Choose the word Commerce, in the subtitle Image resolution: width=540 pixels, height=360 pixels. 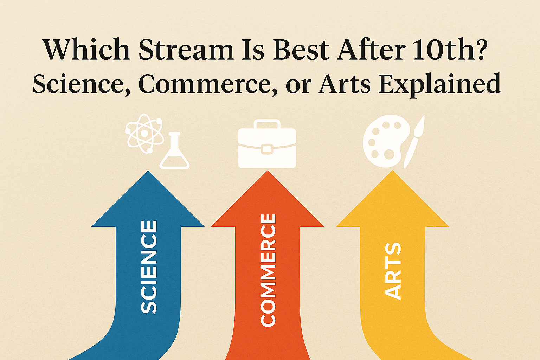[207, 84]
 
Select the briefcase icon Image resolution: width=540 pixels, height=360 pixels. [267, 144]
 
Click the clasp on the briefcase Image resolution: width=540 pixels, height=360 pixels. [267, 149]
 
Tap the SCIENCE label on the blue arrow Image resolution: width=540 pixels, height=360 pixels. [149, 267]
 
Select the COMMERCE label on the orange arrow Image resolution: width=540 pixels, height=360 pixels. [268, 270]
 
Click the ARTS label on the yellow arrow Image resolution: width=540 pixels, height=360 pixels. [393, 271]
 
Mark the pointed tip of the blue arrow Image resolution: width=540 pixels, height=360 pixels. [148, 171]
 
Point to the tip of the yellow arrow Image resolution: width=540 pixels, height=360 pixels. [392, 171]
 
